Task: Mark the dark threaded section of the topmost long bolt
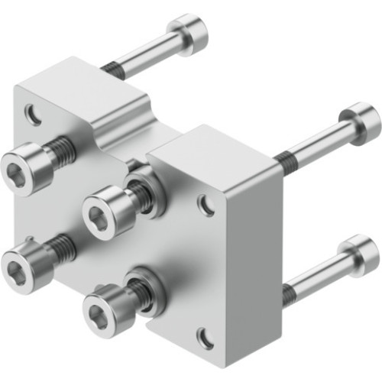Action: (x=112, y=69)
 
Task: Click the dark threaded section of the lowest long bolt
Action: (x=290, y=292)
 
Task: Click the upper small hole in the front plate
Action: (x=206, y=204)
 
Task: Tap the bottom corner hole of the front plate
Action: (x=204, y=336)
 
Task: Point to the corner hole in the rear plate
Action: (x=33, y=115)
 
